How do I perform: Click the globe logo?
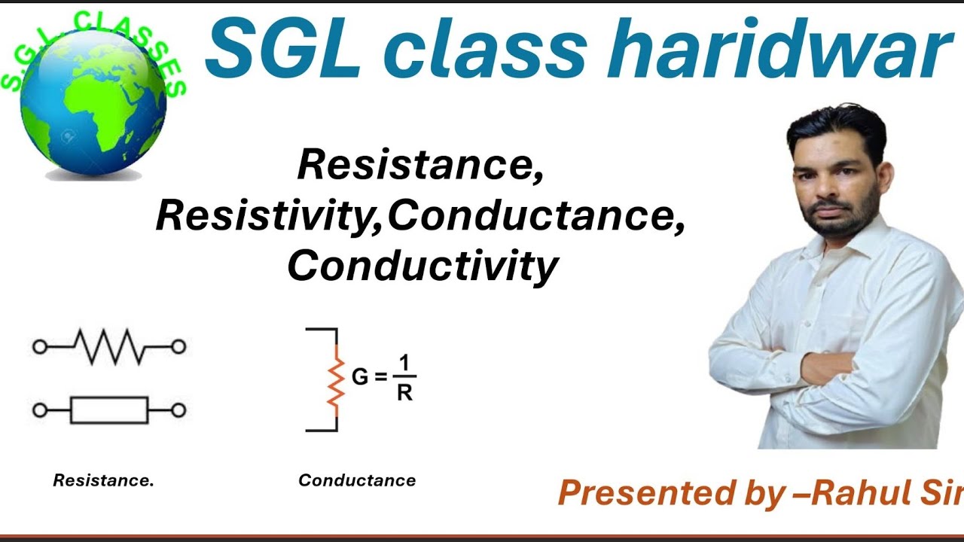click(93, 105)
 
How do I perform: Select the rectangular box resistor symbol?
click(109, 410)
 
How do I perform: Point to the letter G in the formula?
click(360, 376)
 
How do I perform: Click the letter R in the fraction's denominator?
click(404, 393)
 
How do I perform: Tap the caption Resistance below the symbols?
click(103, 480)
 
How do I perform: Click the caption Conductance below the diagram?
click(357, 480)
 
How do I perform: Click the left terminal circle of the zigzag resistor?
click(40, 346)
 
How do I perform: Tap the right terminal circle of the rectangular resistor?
click(178, 410)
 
